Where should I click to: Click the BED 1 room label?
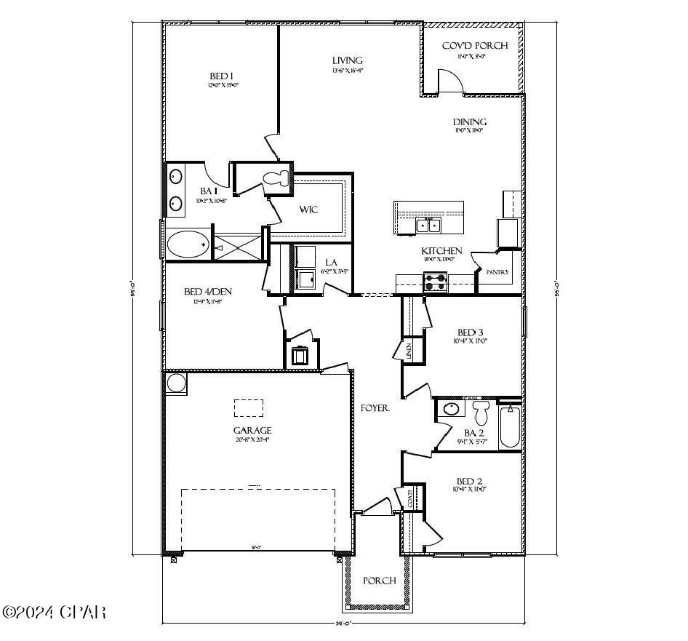pyautogui.click(x=221, y=76)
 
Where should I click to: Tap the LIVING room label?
pyautogui.click(x=347, y=60)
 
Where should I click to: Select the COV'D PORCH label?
pyautogui.click(x=474, y=46)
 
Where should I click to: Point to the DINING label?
pyautogui.click(x=469, y=122)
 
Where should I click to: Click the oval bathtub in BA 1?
pyautogui.click(x=188, y=244)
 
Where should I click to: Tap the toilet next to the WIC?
pyautogui.click(x=275, y=179)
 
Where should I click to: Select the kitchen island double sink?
pyautogui.click(x=428, y=226)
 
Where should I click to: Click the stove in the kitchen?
pyautogui.click(x=435, y=282)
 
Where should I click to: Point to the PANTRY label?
pyautogui.click(x=497, y=273)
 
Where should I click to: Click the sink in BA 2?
pyautogui.click(x=452, y=409)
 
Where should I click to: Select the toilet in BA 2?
pyautogui.click(x=481, y=413)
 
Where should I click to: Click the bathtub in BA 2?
pyautogui.click(x=509, y=426)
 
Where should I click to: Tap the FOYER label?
pyautogui.click(x=375, y=409)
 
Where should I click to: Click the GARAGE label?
pyautogui.click(x=252, y=430)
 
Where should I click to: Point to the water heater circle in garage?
pyautogui.click(x=175, y=382)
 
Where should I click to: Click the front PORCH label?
pyautogui.click(x=380, y=581)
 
